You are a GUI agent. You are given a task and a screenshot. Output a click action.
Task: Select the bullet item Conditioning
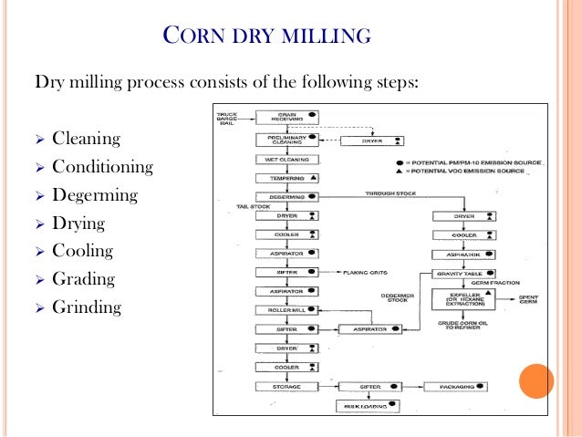(x=102, y=167)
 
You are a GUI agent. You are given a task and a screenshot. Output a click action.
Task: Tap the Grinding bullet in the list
(x=86, y=307)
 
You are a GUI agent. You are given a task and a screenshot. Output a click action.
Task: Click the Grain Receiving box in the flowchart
(x=286, y=118)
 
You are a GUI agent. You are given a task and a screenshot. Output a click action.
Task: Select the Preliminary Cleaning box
(x=286, y=140)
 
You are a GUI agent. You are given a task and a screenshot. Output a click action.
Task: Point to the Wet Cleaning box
(x=286, y=159)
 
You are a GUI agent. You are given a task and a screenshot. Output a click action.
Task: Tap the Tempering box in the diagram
(x=286, y=178)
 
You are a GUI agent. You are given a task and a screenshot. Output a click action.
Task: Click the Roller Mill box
(x=286, y=309)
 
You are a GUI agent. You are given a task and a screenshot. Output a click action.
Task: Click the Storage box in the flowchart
(x=286, y=387)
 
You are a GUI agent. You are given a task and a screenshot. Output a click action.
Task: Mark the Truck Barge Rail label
(x=228, y=118)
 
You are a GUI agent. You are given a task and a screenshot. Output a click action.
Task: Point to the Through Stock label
(x=390, y=193)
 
